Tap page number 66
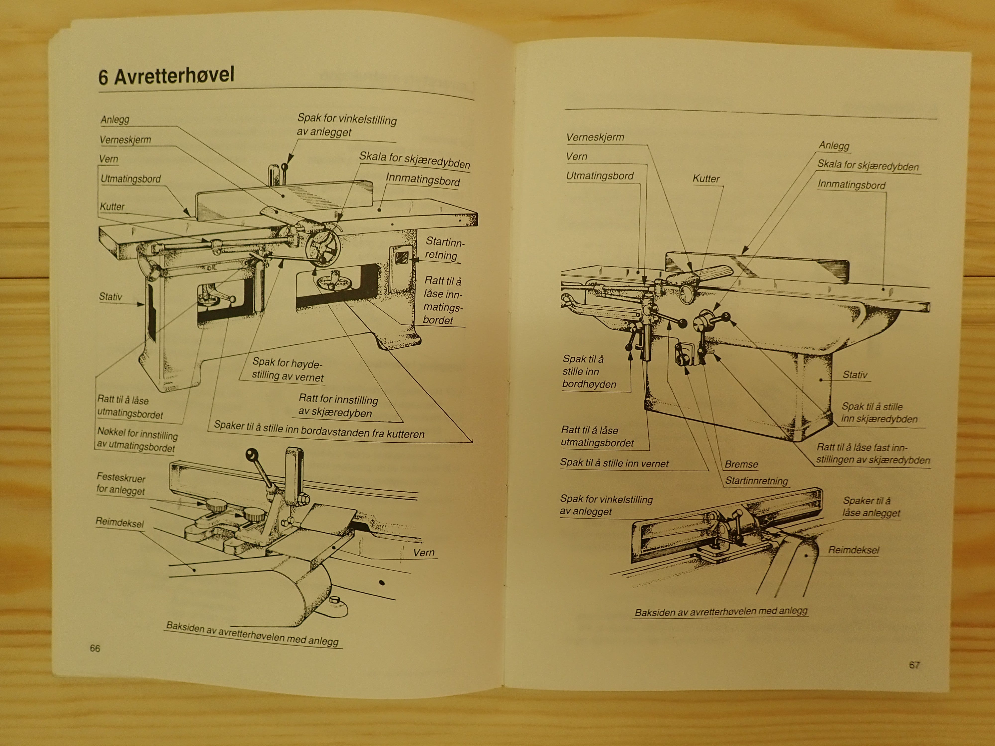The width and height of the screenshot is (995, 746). [x=95, y=648]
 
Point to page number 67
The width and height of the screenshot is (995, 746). [x=914, y=665]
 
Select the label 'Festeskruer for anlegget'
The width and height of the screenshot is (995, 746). [x=121, y=483]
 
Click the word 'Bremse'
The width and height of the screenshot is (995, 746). [x=741, y=464]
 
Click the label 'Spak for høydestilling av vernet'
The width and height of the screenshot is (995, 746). [x=288, y=370]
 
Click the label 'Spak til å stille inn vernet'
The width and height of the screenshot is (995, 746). [x=614, y=463]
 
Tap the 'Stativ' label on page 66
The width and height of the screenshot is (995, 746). [x=110, y=297]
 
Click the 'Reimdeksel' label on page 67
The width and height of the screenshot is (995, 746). [x=853, y=550]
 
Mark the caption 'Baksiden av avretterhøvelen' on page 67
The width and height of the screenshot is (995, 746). [x=721, y=611]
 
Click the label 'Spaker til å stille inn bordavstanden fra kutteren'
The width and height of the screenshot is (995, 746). [x=319, y=429]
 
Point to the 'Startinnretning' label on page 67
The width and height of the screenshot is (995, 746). [x=756, y=481]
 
